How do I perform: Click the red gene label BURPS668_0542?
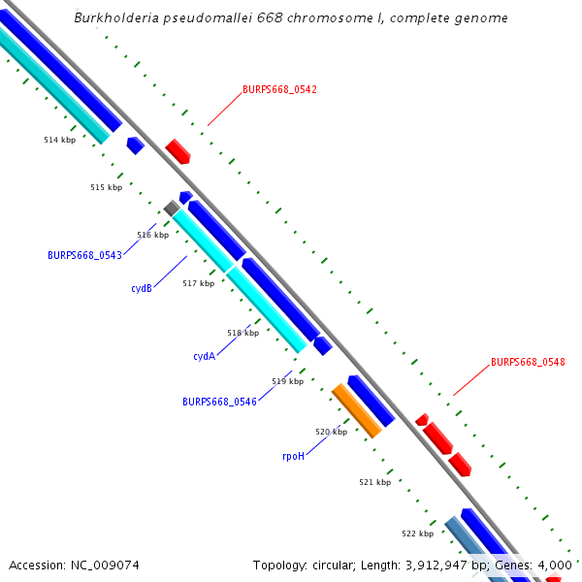[279, 89]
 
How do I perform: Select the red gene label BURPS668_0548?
[528, 362]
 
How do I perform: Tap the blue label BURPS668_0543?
[84, 255]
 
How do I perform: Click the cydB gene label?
[142, 288]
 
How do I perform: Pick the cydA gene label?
[204, 356]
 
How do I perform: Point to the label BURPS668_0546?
[219, 402]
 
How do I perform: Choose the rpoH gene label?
[293, 455]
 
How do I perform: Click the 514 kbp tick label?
[60, 140]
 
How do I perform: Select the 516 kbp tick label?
[152, 235]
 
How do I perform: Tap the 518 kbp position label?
[242, 333]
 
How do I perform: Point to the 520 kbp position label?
[331, 432]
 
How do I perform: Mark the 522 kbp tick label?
[417, 533]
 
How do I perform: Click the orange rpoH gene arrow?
[356, 409]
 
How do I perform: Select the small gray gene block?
[171, 208]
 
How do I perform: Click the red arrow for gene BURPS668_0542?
[178, 150]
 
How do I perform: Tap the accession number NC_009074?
[107, 565]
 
